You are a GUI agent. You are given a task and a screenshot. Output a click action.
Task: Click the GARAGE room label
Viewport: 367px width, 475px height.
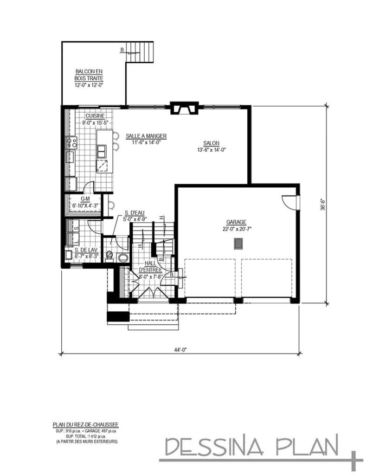(237, 222)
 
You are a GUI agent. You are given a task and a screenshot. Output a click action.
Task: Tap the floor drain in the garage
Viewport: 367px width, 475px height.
(238, 244)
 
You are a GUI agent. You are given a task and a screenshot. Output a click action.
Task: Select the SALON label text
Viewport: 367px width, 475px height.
(211, 143)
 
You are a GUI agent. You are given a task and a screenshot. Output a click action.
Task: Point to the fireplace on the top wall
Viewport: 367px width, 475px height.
(183, 109)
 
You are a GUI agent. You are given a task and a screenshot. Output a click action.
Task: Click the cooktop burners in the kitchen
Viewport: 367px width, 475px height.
(72, 142)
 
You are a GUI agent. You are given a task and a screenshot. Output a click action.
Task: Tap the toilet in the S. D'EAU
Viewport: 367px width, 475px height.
(110, 255)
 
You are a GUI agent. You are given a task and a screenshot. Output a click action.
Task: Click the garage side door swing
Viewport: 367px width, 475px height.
(289, 201)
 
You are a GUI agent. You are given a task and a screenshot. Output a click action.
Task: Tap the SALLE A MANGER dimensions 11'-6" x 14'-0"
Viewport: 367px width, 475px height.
(146, 143)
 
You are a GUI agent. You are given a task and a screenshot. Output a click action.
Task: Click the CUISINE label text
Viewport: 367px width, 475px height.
(95, 116)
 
